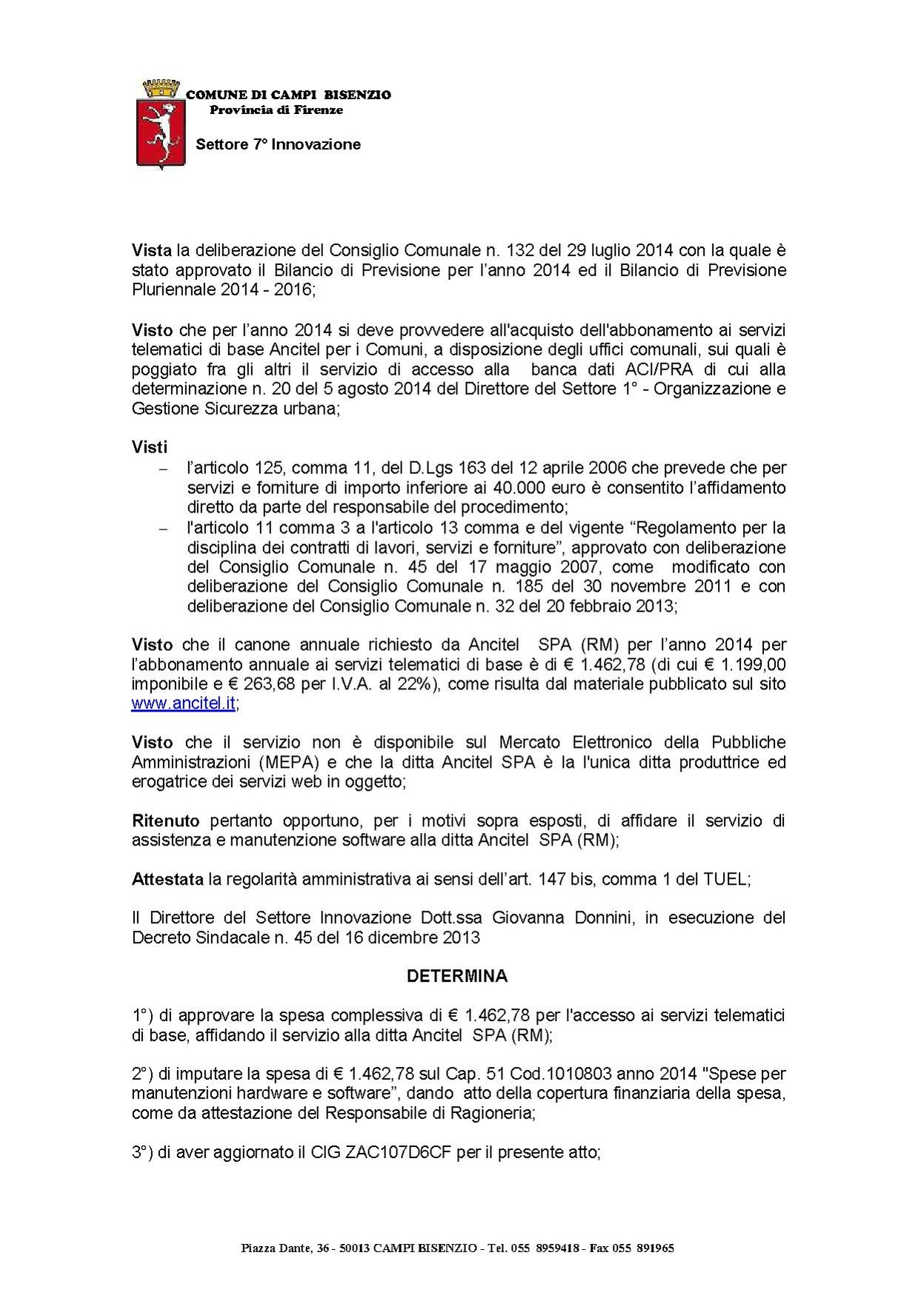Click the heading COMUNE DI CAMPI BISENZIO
click(x=288, y=95)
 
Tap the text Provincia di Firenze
click(x=276, y=110)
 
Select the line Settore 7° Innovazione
click(x=278, y=144)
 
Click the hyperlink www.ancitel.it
click(x=184, y=704)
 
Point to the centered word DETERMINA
click(x=458, y=976)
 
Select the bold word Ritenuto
click(x=166, y=820)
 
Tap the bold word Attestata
click(x=167, y=880)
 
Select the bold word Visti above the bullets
click(x=150, y=447)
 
